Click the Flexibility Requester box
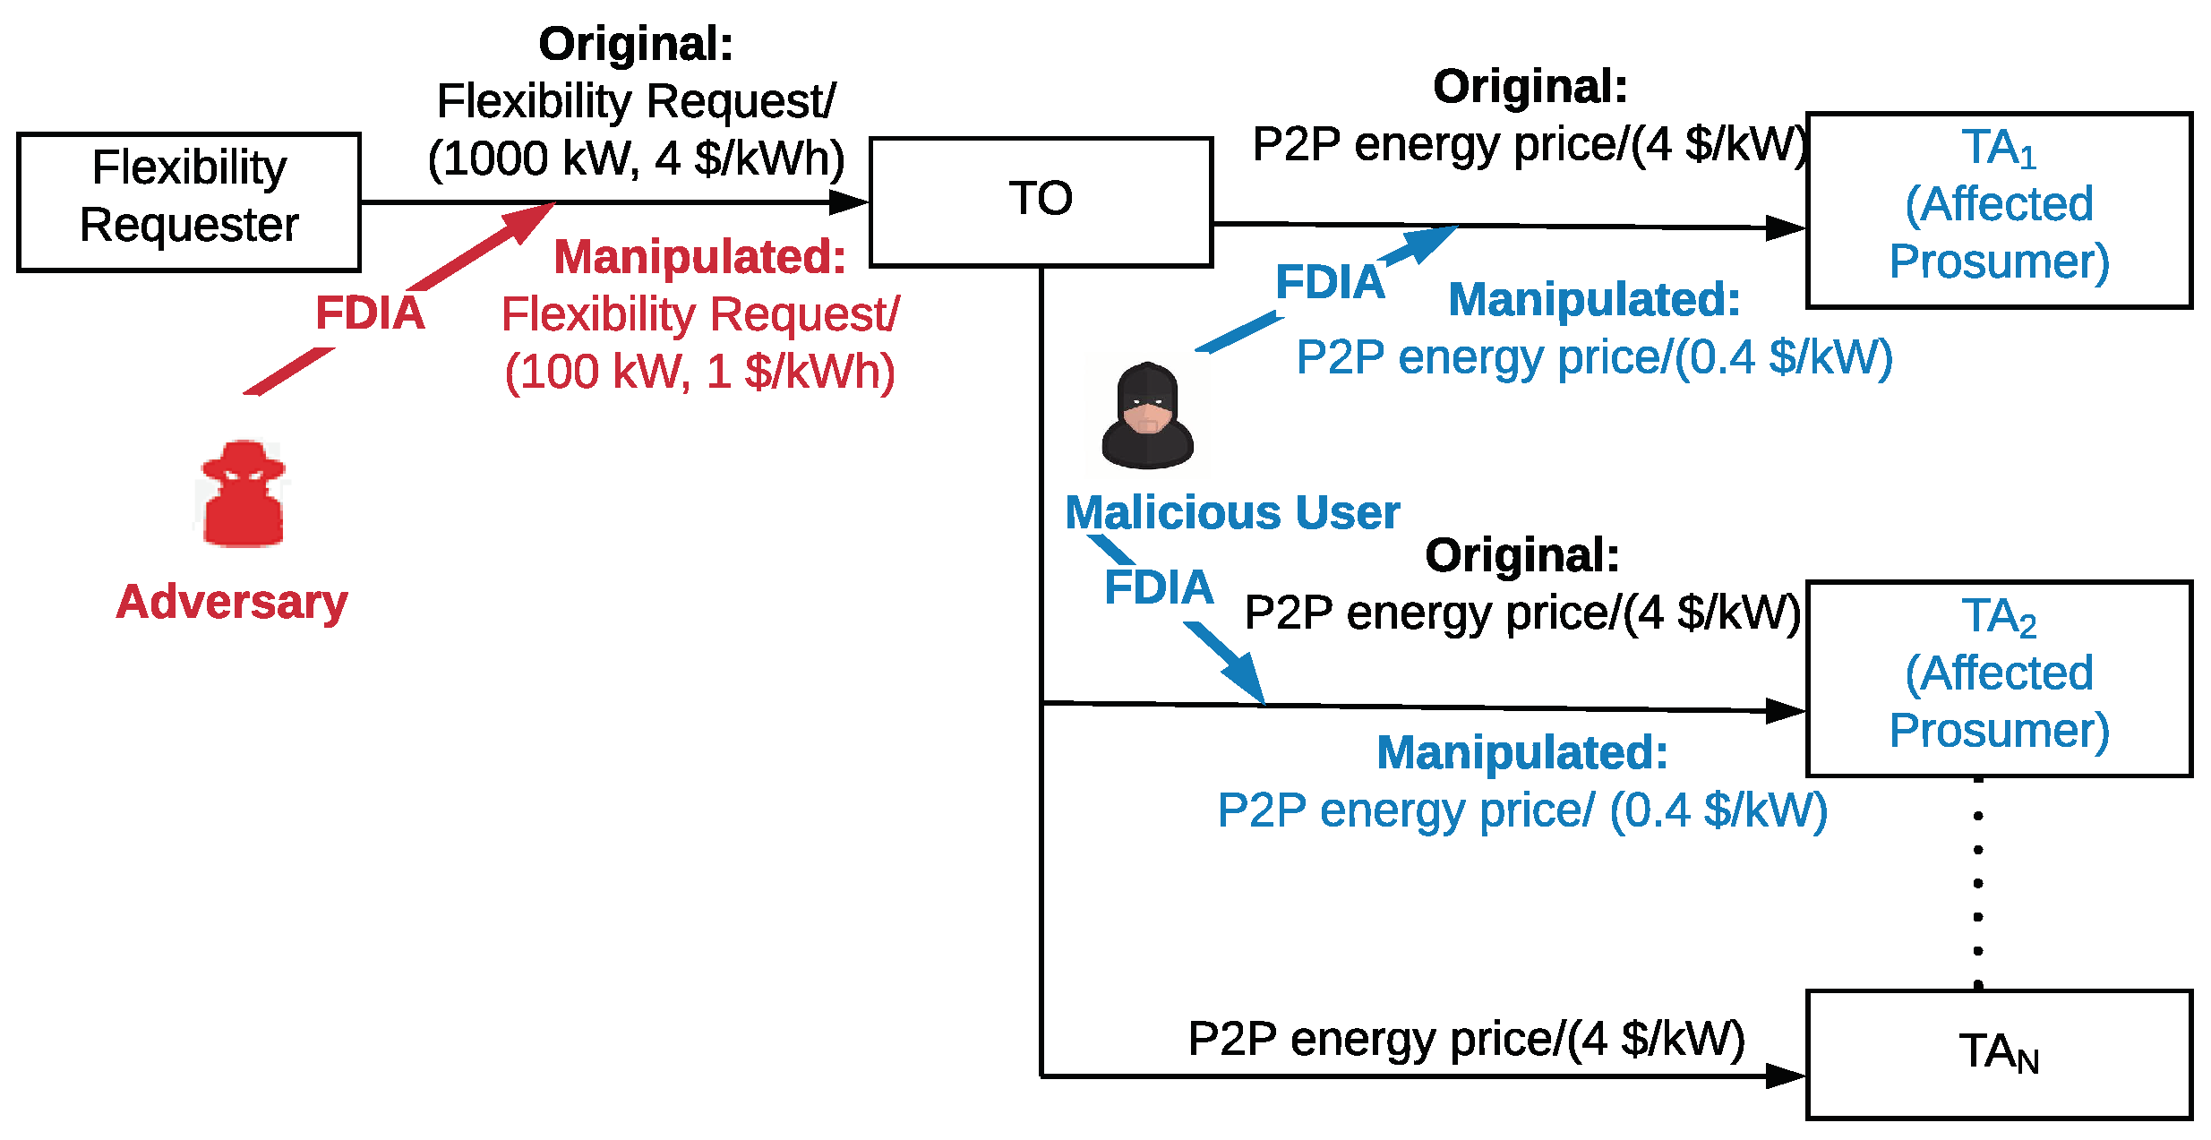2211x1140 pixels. [x=188, y=202]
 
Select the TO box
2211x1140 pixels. [x=1040, y=201]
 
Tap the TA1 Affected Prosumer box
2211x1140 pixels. [x=1998, y=210]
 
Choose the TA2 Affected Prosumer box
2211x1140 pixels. [x=1998, y=678]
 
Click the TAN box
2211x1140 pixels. [x=1998, y=1054]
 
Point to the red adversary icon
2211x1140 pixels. [x=243, y=493]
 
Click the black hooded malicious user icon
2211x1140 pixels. [x=1147, y=416]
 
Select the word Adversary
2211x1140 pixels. [x=232, y=601]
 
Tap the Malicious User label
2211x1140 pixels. [x=1232, y=512]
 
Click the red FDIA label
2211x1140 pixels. [x=370, y=313]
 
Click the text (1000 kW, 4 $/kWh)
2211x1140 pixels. [x=636, y=159]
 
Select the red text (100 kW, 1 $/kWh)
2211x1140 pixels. [x=699, y=371]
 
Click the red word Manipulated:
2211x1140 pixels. [x=699, y=257]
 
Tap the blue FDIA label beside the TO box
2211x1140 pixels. [x=1330, y=282]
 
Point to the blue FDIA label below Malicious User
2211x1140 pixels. [x=1159, y=587]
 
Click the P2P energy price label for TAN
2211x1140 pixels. [x=1466, y=1039]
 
